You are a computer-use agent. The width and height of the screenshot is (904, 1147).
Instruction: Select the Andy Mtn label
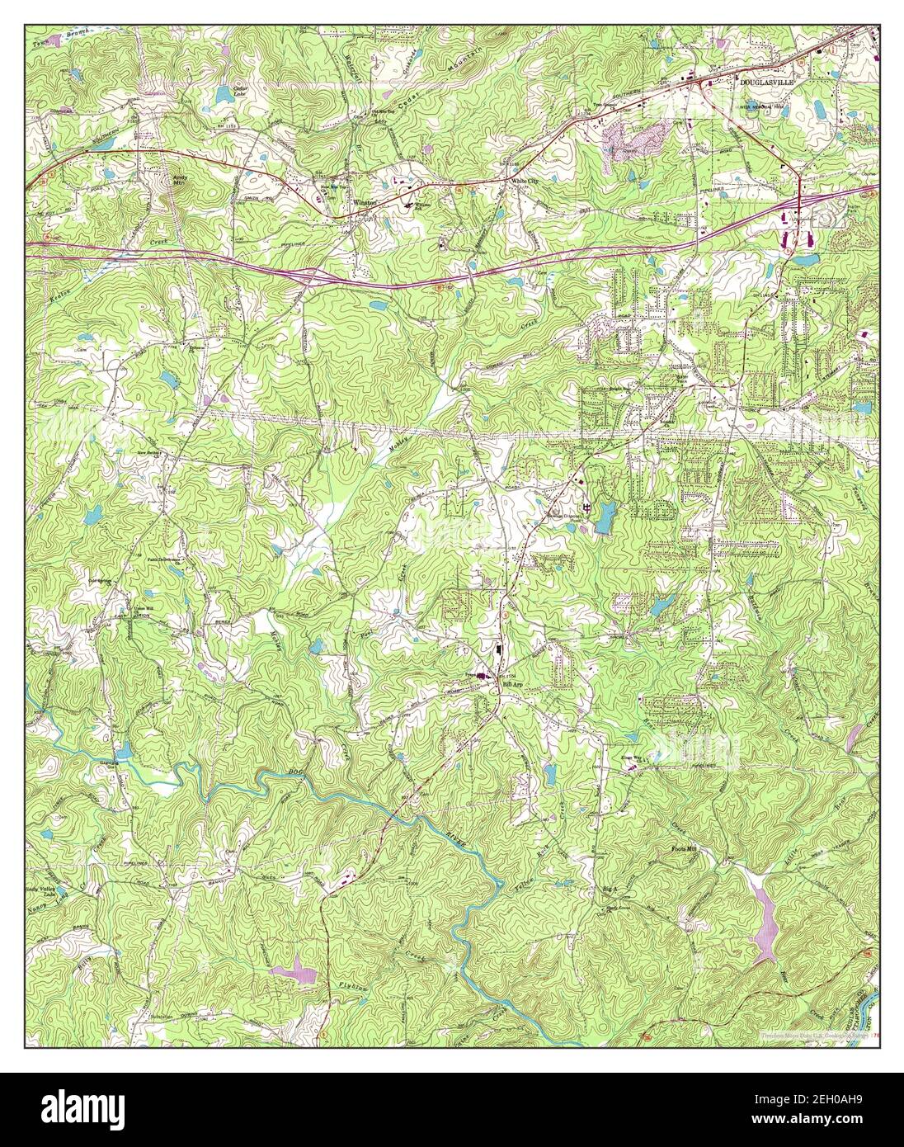[178, 177]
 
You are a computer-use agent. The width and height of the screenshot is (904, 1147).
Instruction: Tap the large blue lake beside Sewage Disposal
[606, 517]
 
